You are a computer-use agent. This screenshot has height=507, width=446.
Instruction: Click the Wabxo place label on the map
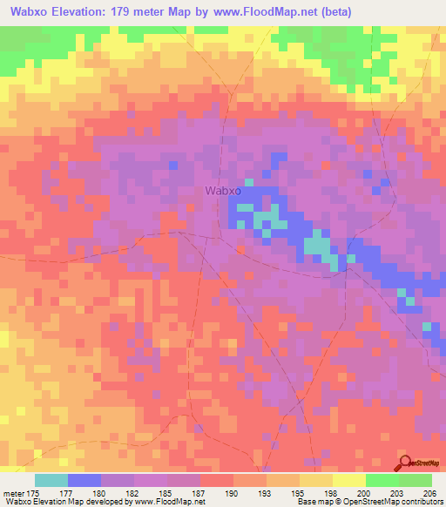point(223,190)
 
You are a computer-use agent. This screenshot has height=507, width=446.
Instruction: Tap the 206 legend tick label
point(429,493)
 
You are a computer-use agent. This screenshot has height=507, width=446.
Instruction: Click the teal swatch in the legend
point(51,480)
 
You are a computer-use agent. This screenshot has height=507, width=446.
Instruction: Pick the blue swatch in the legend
point(84,480)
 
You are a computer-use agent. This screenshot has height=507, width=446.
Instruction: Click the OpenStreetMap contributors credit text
point(393,503)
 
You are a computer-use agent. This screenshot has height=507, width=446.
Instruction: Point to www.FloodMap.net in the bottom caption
point(166,503)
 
